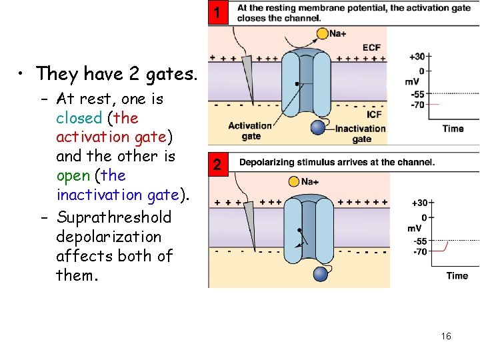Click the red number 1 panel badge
coord(216,13)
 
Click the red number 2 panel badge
coord(216,165)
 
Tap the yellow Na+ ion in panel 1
coord(323,33)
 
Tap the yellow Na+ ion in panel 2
coord(294,181)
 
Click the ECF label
coord(372,47)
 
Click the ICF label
coord(375,114)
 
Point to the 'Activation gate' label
coord(250,131)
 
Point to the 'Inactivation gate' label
coord(361,134)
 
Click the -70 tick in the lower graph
coord(420,251)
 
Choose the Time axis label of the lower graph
coord(457,275)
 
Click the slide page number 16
coord(446,336)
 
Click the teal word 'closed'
coord(79,118)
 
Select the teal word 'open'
coord(74,175)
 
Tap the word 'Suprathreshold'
coord(114,217)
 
